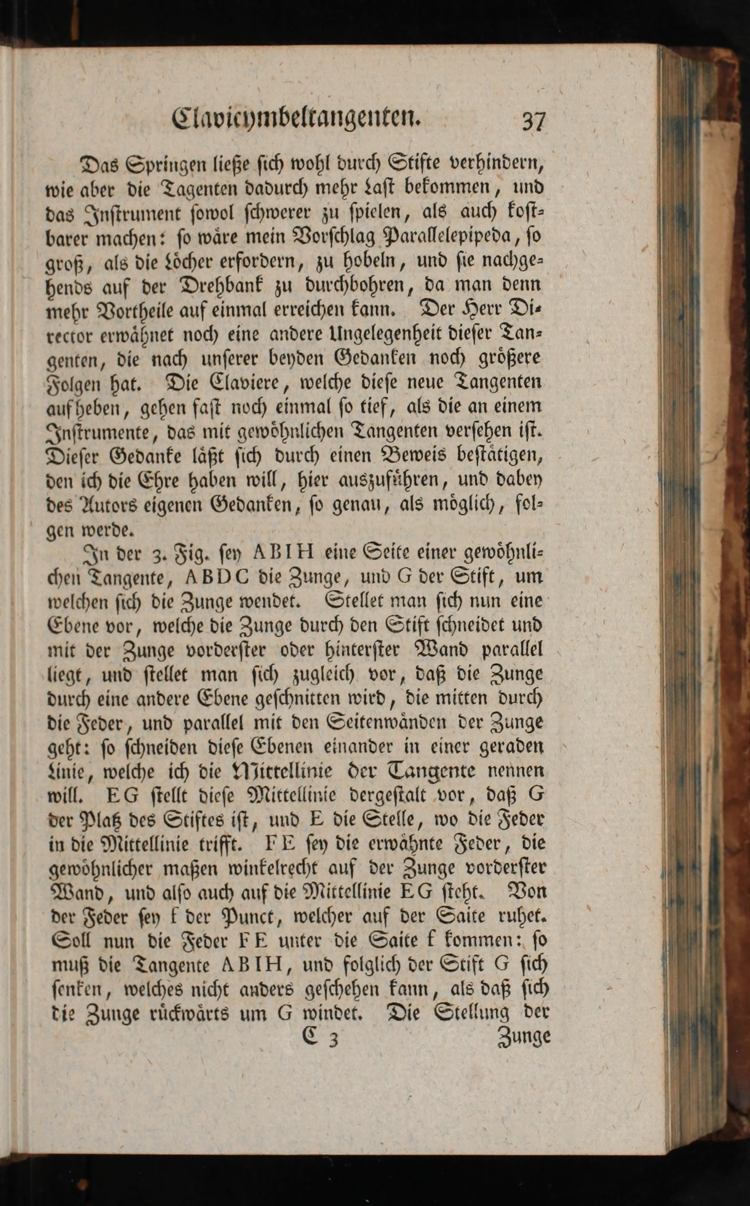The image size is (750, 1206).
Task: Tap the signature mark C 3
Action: click(x=319, y=1038)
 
